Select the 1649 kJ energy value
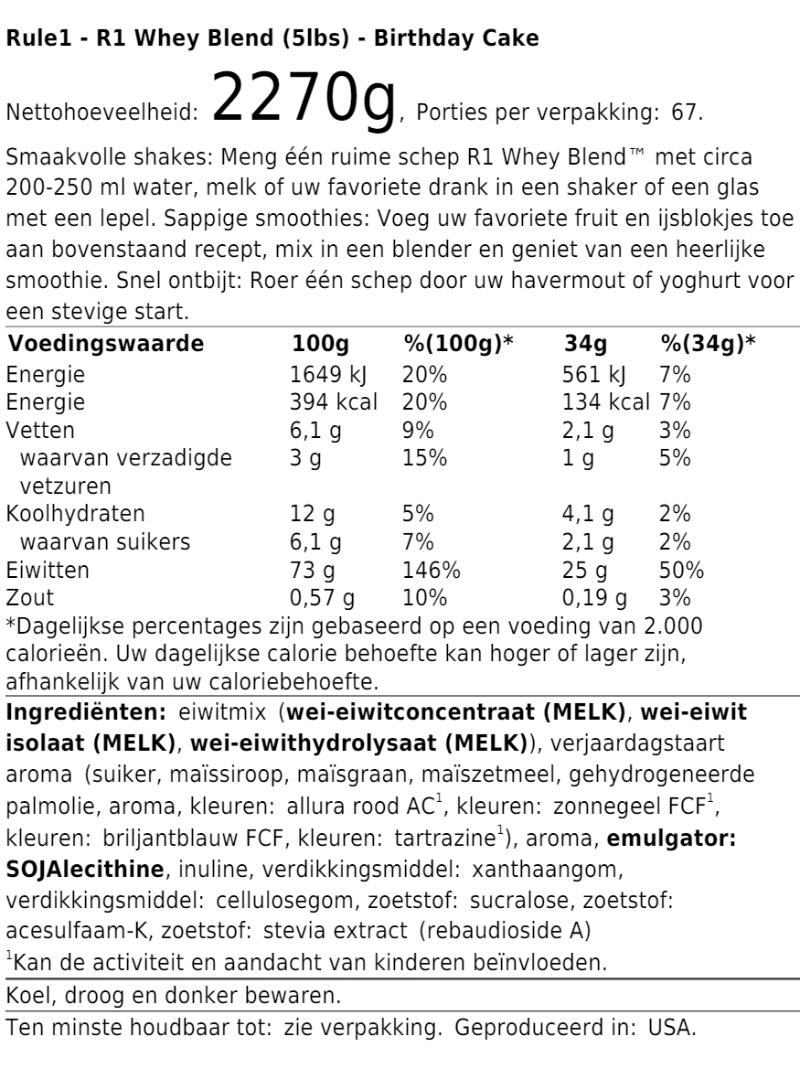coord(326,401)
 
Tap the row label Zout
coord(29,599)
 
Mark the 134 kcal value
coord(604,430)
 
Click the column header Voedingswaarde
coord(105,370)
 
